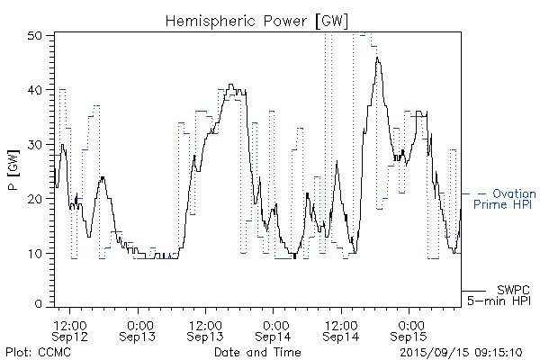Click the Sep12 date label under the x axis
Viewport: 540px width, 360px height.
(x=69, y=336)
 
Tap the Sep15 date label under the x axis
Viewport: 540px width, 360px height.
(x=409, y=336)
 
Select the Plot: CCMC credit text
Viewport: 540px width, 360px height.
(x=37, y=351)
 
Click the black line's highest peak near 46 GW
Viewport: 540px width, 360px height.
(x=378, y=58)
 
